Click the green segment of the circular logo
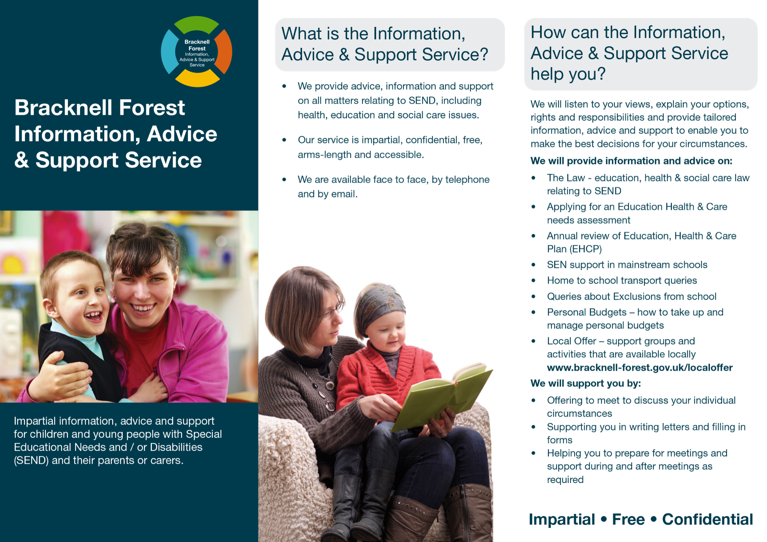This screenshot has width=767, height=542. pyautogui.click(x=196, y=23)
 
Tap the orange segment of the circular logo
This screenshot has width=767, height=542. pyautogui.click(x=225, y=52)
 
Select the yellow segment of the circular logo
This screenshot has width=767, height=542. pyautogui.click(x=197, y=80)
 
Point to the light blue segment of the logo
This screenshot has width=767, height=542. pyautogui.click(x=168, y=52)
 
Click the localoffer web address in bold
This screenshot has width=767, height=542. pyautogui.click(x=640, y=368)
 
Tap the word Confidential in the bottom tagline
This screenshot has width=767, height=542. pyautogui.click(x=708, y=519)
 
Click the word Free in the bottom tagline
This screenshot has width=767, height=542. pyautogui.click(x=628, y=519)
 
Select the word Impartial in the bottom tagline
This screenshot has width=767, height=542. pyautogui.click(x=562, y=520)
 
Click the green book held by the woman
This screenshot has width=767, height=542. pyautogui.click(x=441, y=399)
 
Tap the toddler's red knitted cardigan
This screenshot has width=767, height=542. pyautogui.click(x=383, y=379)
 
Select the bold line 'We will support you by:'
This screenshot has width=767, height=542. pyautogui.click(x=586, y=383)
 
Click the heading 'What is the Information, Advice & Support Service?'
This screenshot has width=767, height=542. pyautogui.click(x=385, y=44)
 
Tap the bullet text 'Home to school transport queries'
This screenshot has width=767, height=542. pyautogui.click(x=622, y=281)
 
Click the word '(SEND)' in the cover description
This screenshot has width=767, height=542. pyautogui.click(x=31, y=460)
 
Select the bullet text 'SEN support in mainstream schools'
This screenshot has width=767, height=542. pyautogui.click(x=627, y=265)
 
